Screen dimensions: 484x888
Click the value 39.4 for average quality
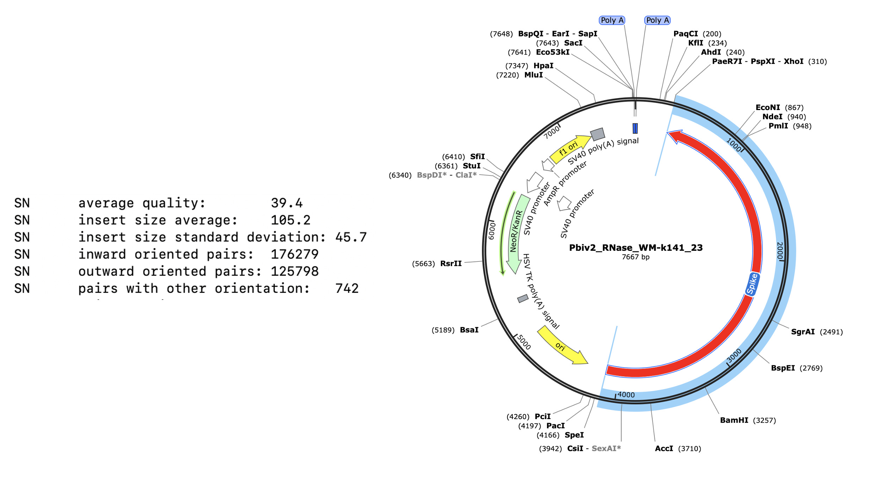(286, 203)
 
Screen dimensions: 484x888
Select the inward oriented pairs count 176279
(294, 254)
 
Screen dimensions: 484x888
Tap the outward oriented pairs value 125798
(294, 272)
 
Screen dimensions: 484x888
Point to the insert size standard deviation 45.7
(351, 237)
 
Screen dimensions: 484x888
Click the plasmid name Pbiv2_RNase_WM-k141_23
(636, 248)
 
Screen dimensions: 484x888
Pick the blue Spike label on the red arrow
(752, 284)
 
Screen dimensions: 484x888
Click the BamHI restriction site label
(734, 421)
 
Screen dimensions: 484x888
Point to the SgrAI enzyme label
(803, 332)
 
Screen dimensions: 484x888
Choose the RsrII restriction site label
(451, 264)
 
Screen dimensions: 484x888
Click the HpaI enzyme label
(543, 66)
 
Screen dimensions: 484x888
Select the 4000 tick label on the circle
(626, 395)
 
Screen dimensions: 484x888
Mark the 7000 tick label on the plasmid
(552, 132)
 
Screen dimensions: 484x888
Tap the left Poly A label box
(612, 20)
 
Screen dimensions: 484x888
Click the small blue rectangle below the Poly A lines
(635, 128)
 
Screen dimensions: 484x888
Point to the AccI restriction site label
(664, 449)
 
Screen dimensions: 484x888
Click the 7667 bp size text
(635, 257)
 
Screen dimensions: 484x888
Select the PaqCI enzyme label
(685, 34)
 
